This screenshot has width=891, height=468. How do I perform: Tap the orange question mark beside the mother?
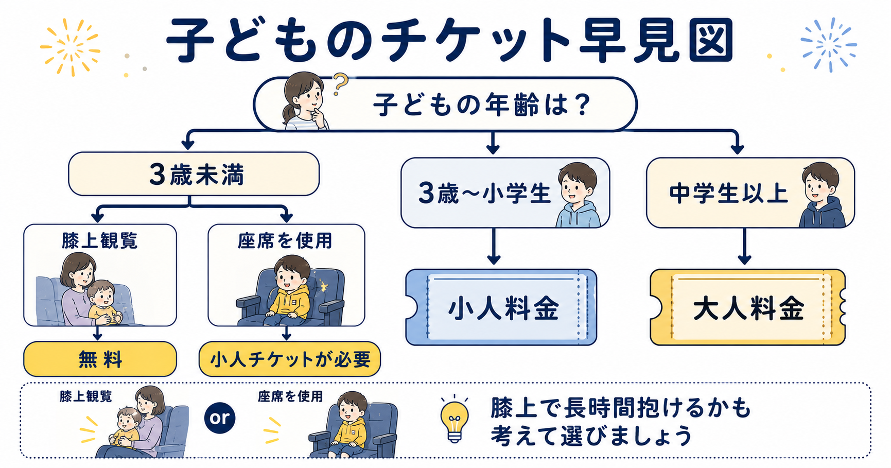click(339, 84)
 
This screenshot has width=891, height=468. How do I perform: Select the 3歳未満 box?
click(194, 174)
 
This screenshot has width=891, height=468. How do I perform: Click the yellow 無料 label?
click(100, 359)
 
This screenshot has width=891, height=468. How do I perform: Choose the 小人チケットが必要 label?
click(290, 359)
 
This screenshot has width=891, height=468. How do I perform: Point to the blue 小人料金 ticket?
click(501, 307)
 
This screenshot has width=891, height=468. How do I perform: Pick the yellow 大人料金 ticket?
click(748, 307)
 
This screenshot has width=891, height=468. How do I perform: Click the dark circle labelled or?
click(220, 418)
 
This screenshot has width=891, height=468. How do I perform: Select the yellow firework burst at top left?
click(71, 47)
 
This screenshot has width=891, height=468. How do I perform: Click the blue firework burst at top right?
click(828, 45)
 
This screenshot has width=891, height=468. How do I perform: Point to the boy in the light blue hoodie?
click(578, 195)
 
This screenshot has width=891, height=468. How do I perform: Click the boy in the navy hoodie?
click(822, 195)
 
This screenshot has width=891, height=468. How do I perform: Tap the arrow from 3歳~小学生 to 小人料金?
click(494, 246)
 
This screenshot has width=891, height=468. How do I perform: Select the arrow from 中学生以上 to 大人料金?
click(744, 246)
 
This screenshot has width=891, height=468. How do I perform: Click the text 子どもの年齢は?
click(481, 105)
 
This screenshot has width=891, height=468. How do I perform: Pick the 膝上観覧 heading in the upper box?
click(100, 240)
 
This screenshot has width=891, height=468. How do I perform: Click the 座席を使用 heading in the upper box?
click(285, 240)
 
